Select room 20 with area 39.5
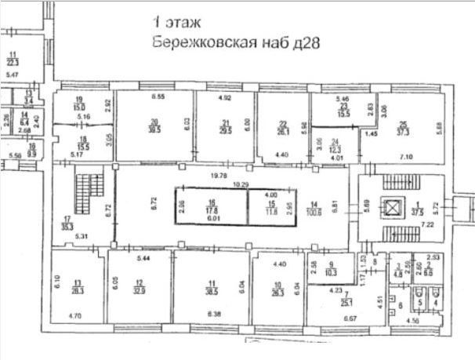[154, 125]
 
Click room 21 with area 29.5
[225, 125]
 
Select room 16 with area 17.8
[210, 207]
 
